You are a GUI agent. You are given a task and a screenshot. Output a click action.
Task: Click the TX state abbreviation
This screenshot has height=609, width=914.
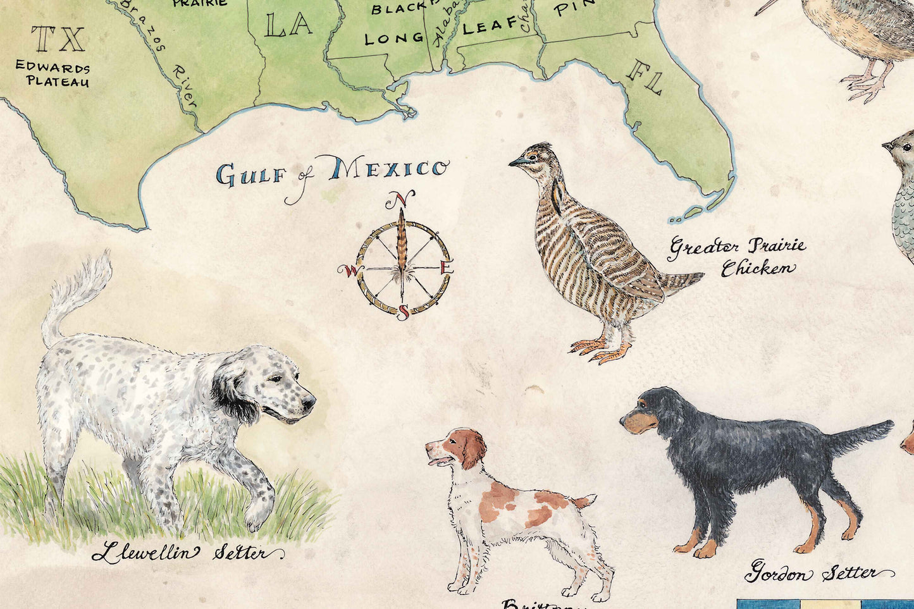coord(58,39)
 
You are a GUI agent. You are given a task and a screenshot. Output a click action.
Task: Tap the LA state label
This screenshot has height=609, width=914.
coord(288,25)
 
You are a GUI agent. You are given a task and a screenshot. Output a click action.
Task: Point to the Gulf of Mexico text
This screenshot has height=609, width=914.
coord(331,173)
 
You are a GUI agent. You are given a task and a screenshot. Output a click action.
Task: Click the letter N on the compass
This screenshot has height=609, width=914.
coord(400,200)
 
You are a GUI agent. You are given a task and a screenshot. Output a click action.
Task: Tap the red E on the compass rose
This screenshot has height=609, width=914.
coord(446,268)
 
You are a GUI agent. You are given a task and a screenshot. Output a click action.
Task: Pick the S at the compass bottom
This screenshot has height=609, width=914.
coord(403,312)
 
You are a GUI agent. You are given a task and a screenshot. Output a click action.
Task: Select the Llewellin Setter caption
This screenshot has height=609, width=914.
coord(187,553)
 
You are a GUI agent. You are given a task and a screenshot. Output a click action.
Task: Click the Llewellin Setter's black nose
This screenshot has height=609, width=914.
coord(309,402)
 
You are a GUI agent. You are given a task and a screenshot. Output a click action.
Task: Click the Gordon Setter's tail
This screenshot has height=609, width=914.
coord(865,435)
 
